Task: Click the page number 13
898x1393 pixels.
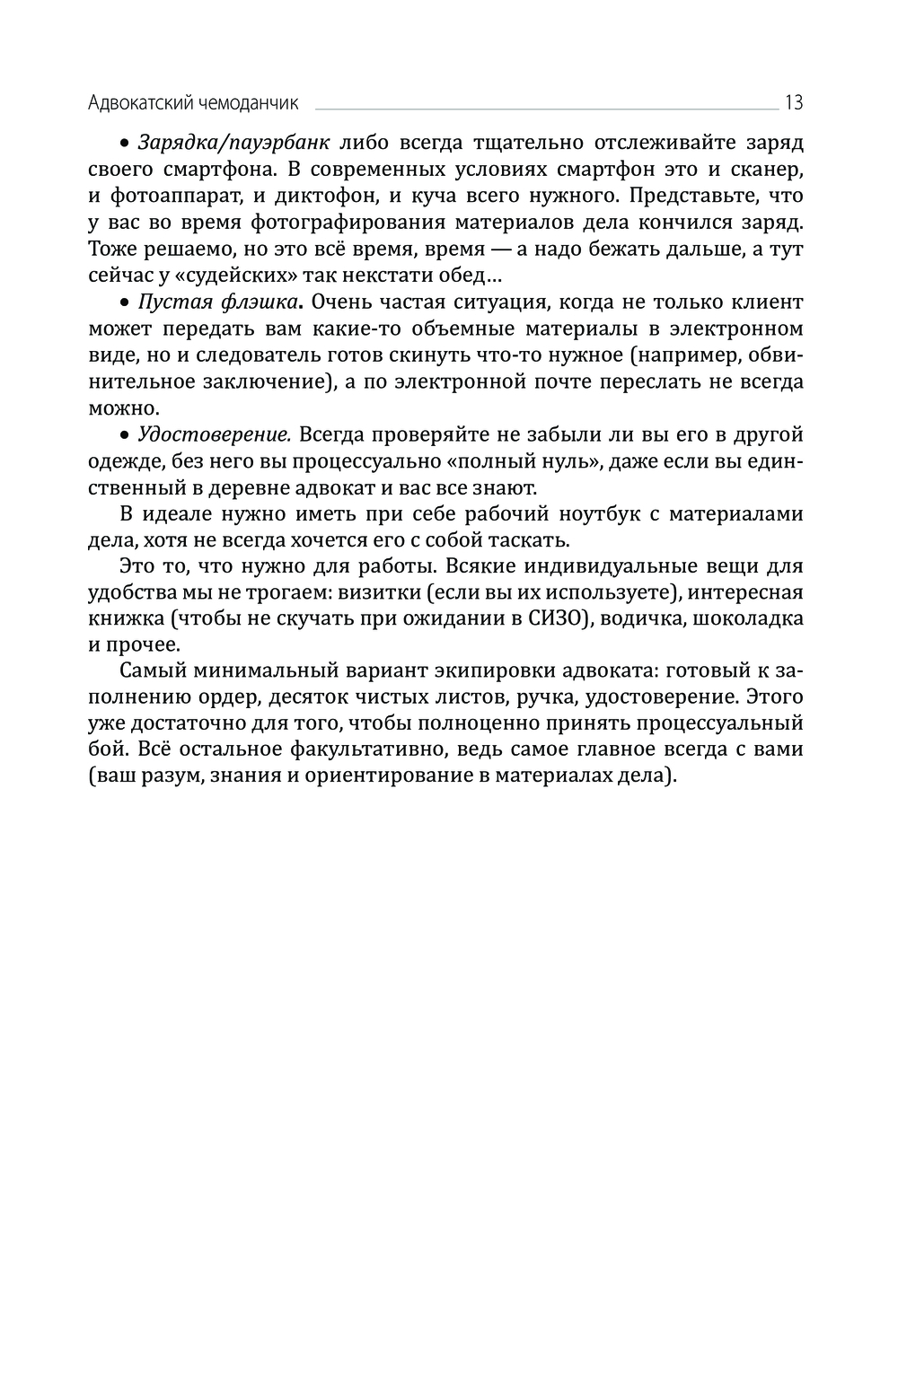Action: pos(793,102)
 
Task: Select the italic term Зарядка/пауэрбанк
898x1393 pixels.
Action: pos(234,143)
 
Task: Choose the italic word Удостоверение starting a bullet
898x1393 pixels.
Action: pos(214,434)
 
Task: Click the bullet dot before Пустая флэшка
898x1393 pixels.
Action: pos(126,303)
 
